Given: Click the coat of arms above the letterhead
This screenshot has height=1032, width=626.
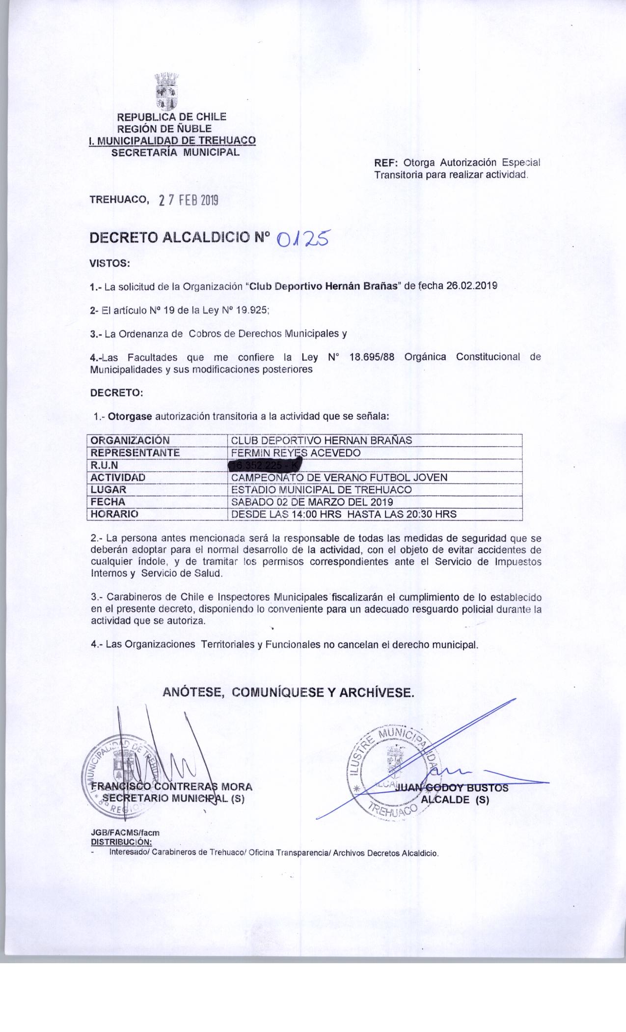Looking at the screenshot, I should pos(166,91).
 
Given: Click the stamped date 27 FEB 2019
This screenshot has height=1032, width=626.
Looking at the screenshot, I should pos(189,201).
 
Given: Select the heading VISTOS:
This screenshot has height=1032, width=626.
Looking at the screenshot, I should pos(109,263).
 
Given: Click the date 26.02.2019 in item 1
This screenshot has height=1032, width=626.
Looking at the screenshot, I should pos(471,287).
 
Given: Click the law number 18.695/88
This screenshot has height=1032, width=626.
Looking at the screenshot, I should pos(371,357).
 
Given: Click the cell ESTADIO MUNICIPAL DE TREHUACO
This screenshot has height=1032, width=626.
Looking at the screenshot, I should pos(321,489).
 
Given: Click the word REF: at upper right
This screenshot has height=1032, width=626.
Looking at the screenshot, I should pos(385,163).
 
